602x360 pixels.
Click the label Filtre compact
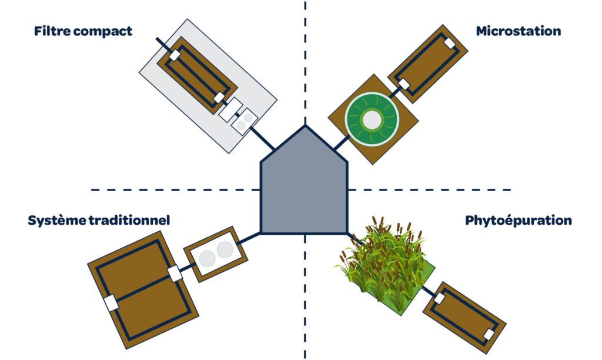point(83,31)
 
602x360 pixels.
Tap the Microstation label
point(518,31)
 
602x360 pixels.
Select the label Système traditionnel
point(99,221)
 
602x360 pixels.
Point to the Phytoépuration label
point(518,221)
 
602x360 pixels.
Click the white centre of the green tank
point(372,120)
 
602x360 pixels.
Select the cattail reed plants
point(385,259)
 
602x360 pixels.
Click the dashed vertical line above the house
point(305,59)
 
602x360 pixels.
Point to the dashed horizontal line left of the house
point(176,189)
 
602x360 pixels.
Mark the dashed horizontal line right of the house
point(429,189)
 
